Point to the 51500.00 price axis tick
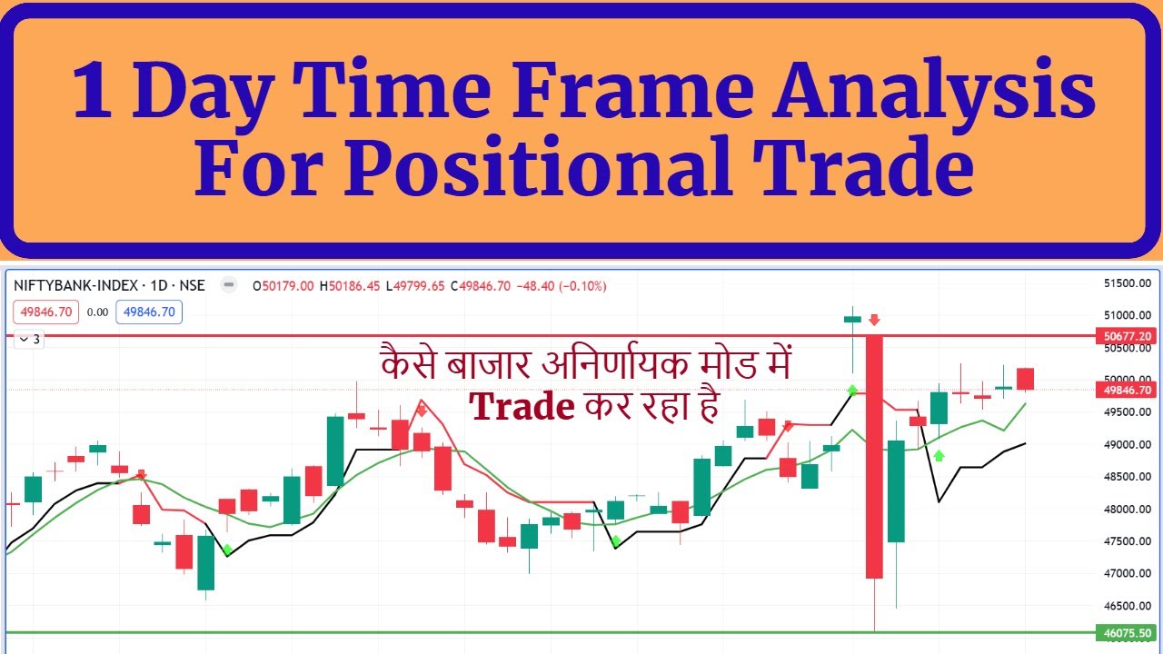[x=1127, y=283]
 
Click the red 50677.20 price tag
[x=1127, y=336]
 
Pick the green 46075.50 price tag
[x=1127, y=633]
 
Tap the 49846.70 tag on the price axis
[x=1127, y=391]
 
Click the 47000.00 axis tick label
[x=1127, y=573]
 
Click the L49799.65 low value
[x=415, y=286]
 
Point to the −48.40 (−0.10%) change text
[x=561, y=286]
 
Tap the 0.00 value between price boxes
[x=97, y=312]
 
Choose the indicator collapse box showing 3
[x=29, y=340]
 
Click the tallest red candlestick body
[x=874, y=454]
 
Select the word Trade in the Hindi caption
[x=522, y=408]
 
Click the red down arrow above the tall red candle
[x=874, y=320]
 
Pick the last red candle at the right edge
[x=1025, y=379]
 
